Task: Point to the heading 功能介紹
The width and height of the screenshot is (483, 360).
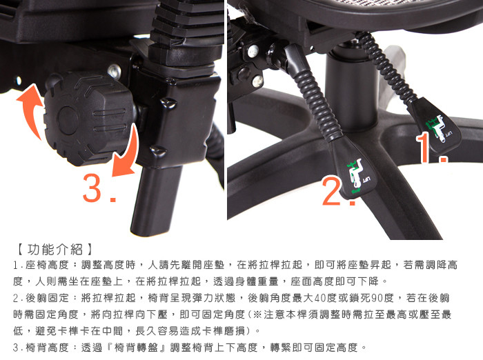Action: pyautogui.click(x=55, y=249)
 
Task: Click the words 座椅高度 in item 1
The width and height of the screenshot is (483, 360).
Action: pyautogui.click(x=46, y=265)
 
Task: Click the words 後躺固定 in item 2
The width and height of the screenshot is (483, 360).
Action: pyautogui.click(x=47, y=298)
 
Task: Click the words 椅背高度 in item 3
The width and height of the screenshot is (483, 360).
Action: pyautogui.click(x=46, y=348)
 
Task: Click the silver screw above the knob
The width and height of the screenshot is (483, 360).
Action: pyautogui.click(x=115, y=72)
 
